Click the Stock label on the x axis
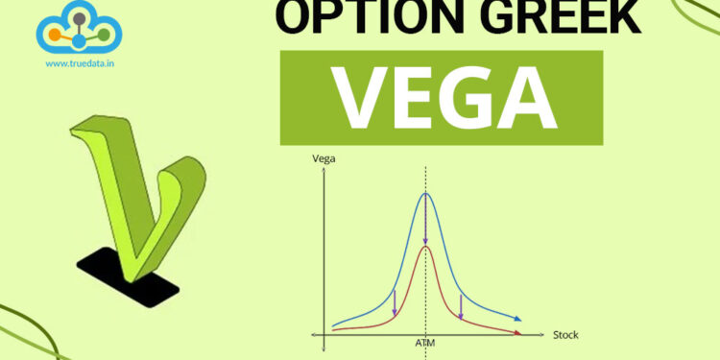pyautogui.click(x=565, y=335)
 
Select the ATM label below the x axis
pyautogui.click(x=425, y=342)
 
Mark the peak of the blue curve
pyautogui.click(x=425, y=195)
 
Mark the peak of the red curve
pyautogui.click(x=425, y=247)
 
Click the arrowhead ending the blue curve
pyautogui.click(x=518, y=319)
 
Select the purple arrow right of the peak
pyautogui.click(x=461, y=305)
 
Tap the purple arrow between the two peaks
pyautogui.click(x=425, y=223)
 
